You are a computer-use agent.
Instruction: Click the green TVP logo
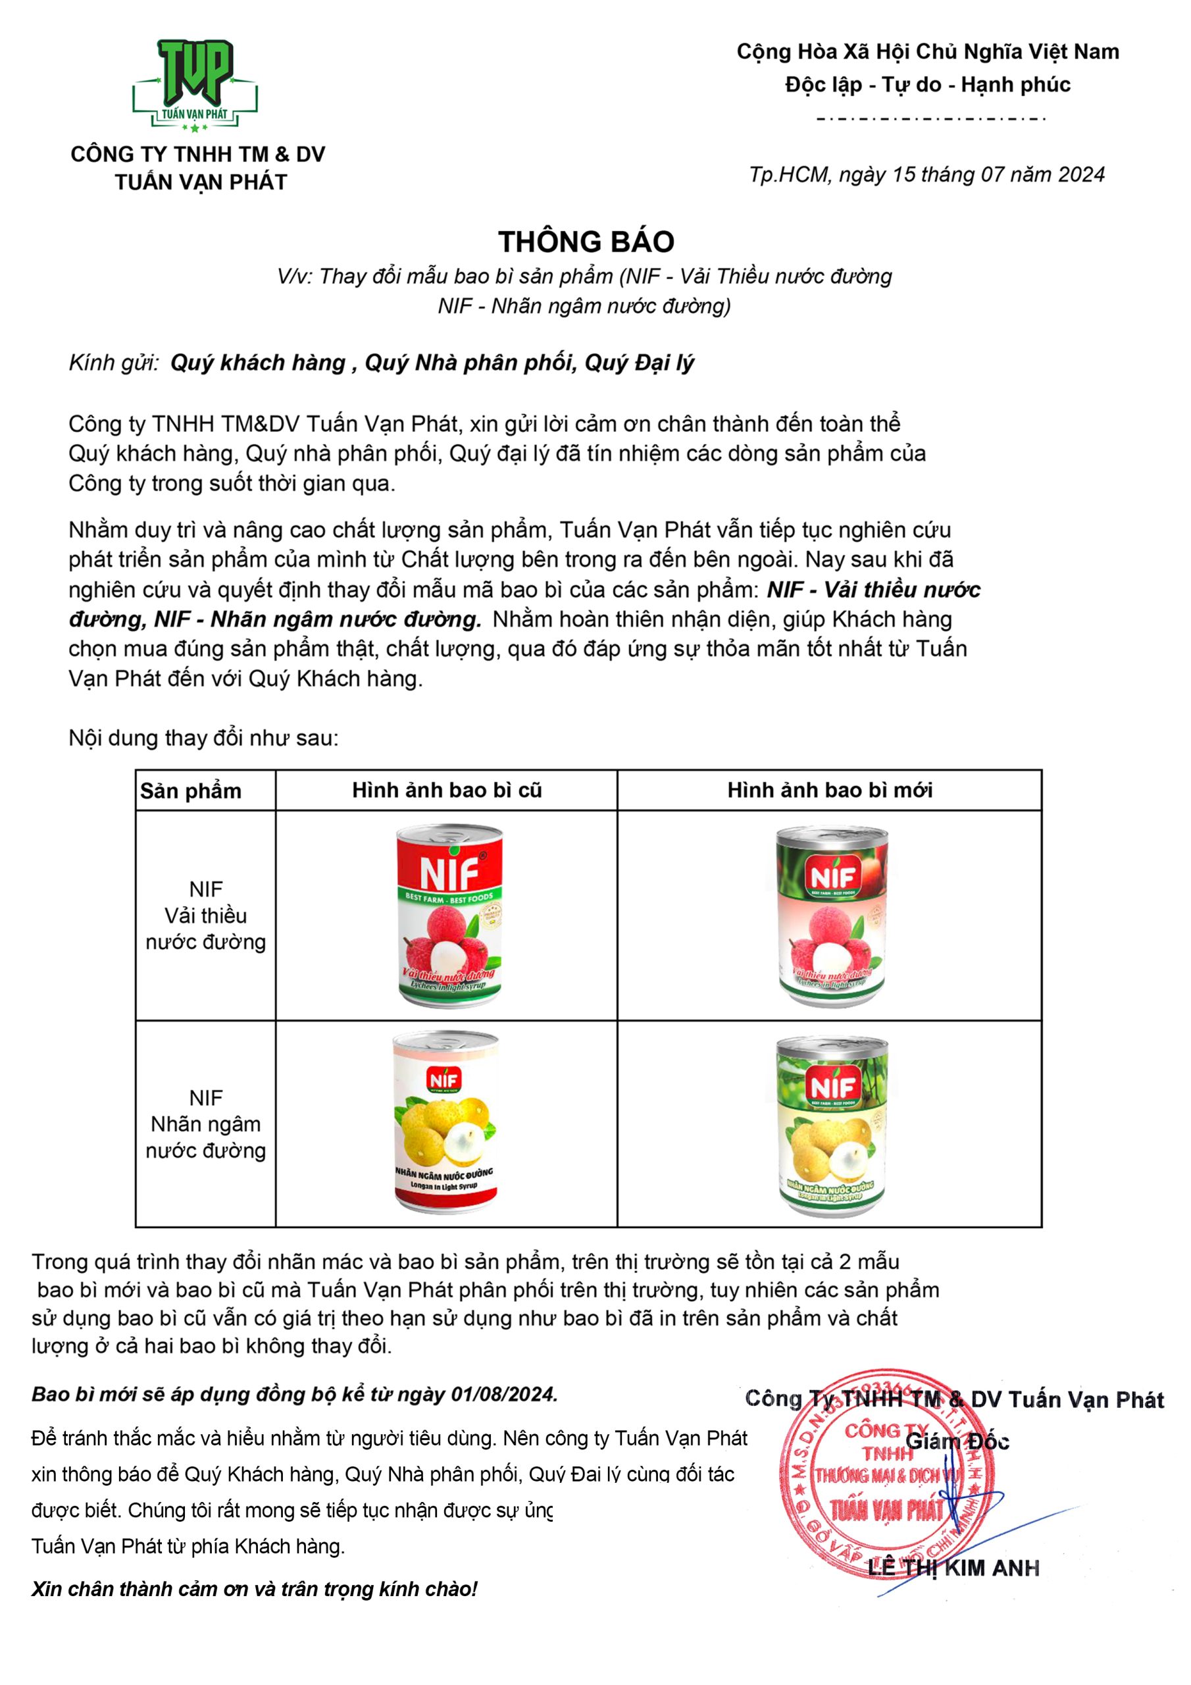[x=195, y=84]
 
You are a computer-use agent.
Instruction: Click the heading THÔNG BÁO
[x=586, y=242]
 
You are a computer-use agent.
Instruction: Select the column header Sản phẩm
[x=191, y=791]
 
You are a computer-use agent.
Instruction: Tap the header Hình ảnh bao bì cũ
[x=446, y=790]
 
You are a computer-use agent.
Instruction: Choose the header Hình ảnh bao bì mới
[x=829, y=790]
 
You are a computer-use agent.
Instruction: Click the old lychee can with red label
[x=450, y=914]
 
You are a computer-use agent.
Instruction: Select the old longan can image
[x=446, y=1122]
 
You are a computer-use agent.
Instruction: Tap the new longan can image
[x=832, y=1126]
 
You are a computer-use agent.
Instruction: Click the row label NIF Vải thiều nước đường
[x=205, y=915]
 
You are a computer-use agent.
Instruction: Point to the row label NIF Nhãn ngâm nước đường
[x=205, y=1124]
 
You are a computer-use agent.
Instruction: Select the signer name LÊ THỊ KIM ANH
[x=953, y=1568]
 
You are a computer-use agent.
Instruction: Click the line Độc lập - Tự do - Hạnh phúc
[x=928, y=84]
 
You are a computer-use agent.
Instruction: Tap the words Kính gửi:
[x=114, y=363]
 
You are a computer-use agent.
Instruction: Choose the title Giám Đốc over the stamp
[x=957, y=1441]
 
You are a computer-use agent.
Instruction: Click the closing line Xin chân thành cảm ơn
[x=254, y=1590]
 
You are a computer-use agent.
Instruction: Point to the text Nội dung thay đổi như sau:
[x=203, y=738]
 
